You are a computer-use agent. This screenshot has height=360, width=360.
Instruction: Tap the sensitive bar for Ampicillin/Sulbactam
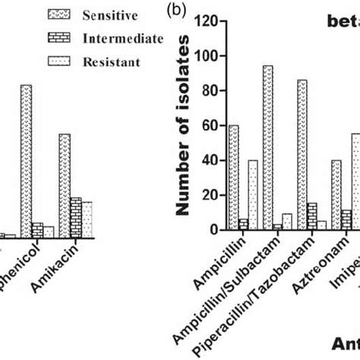[268, 147]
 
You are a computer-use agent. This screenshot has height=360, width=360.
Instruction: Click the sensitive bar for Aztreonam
[336, 194]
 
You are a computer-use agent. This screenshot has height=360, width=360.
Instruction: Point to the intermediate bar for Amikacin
[76, 218]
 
